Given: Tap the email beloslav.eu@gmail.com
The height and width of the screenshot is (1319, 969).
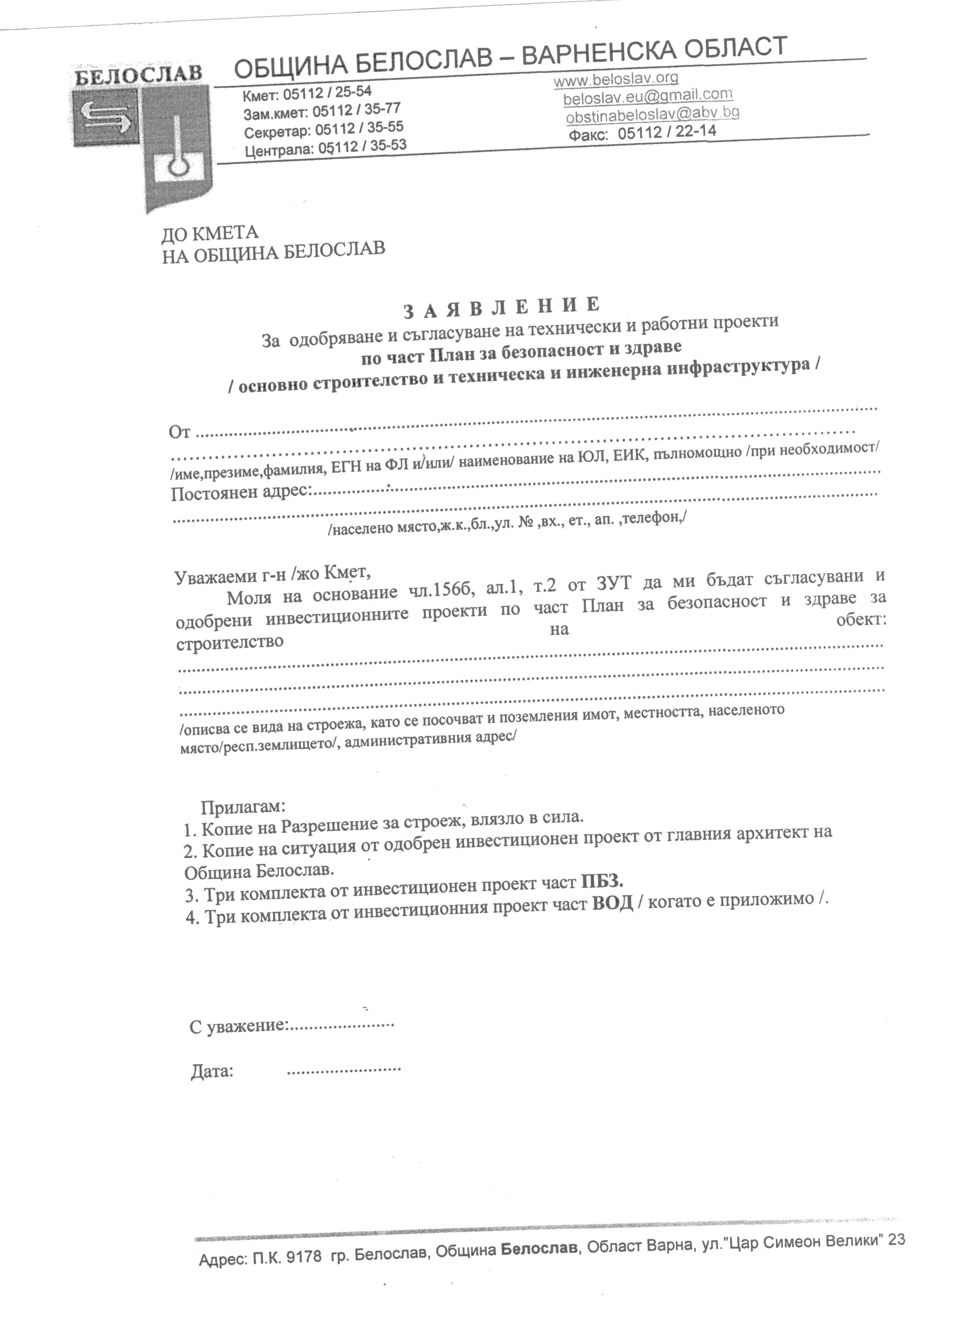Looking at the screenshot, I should point(648,96).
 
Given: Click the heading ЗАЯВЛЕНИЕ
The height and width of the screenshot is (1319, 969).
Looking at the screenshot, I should point(502,307).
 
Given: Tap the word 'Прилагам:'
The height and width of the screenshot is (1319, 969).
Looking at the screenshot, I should point(243,807).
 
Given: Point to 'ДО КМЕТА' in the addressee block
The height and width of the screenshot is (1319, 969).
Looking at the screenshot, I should point(210,233).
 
